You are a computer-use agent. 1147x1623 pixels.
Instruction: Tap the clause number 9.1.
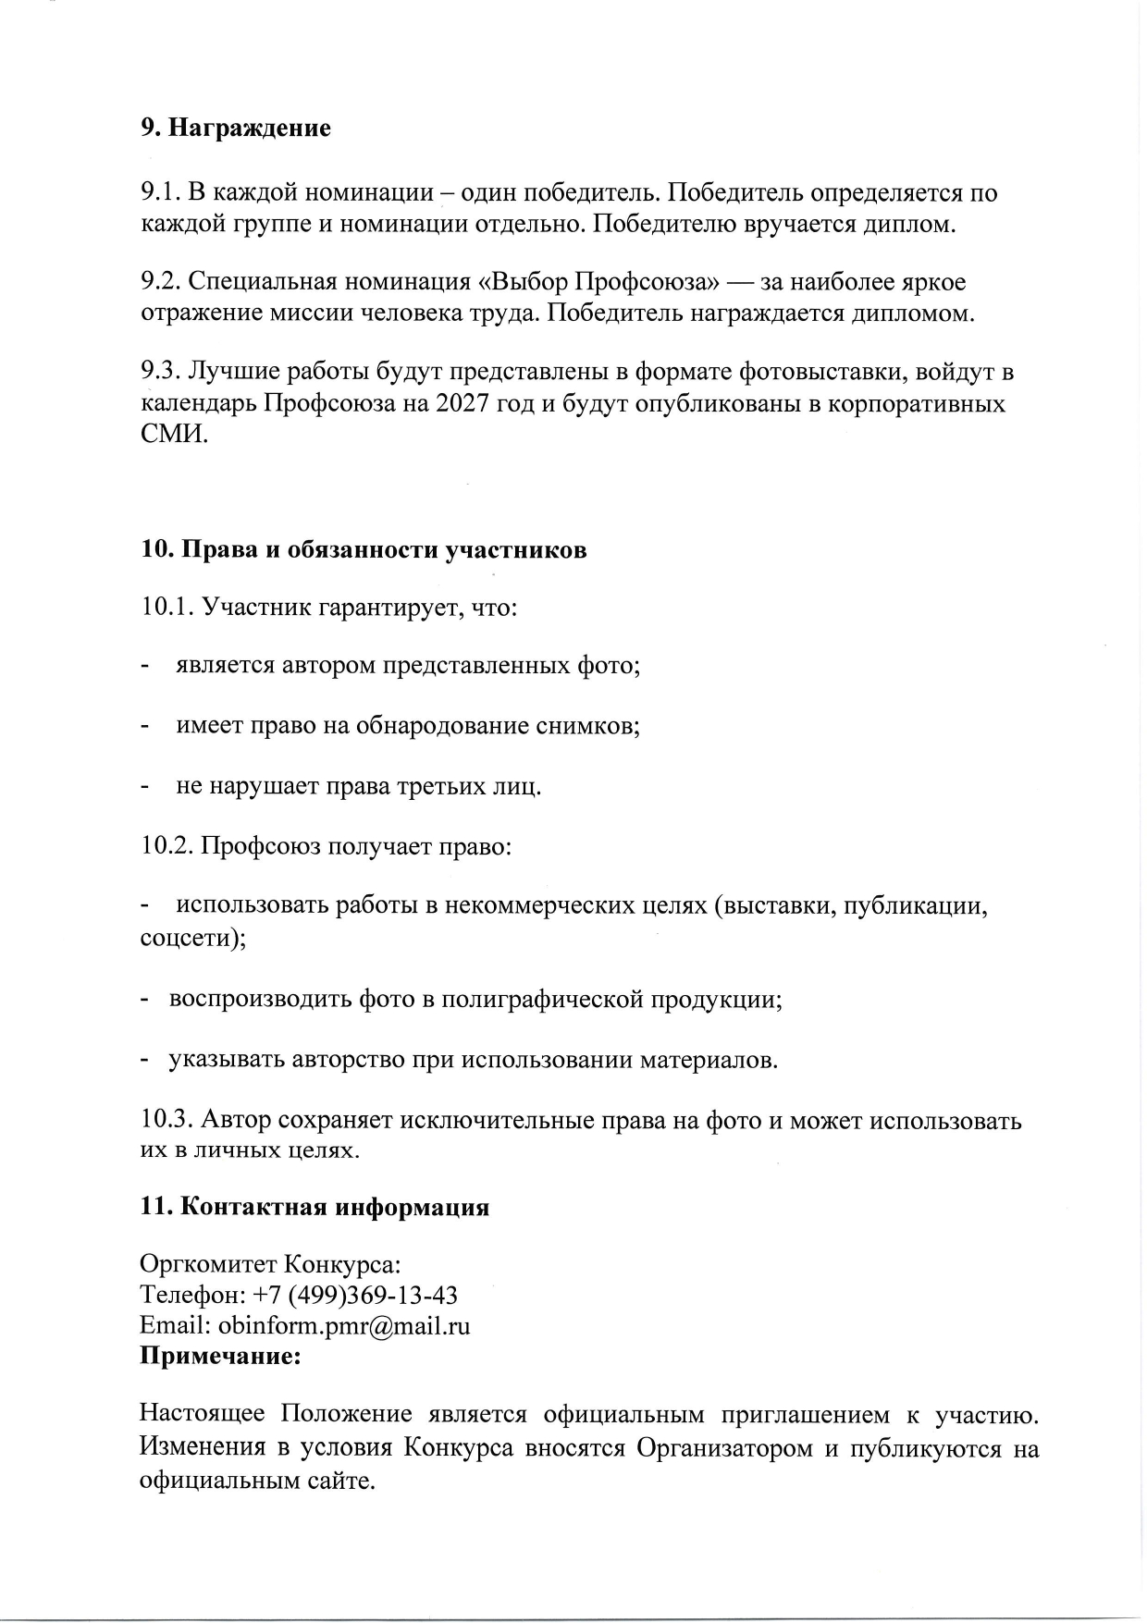[x=161, y=192]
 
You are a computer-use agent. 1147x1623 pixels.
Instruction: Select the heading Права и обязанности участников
[x=383, y=549]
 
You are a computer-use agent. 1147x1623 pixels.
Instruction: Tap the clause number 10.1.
[x=167, y=608]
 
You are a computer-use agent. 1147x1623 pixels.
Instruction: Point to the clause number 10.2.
[x=167, y=846]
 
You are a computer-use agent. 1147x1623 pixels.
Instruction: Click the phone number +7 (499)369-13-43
[x=354, y=1295]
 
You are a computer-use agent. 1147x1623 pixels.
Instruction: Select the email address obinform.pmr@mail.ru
[x=344, y=1326]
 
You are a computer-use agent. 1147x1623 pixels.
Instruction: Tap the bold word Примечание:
[x=220, y=1357]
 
